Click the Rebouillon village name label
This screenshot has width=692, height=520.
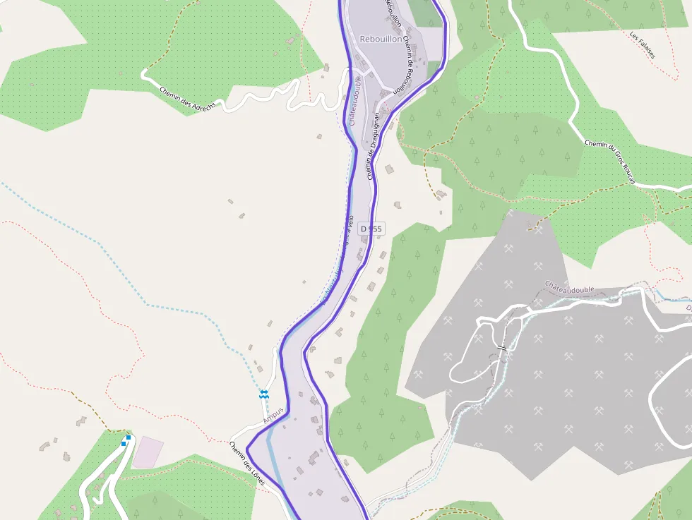click(x=381, y=39)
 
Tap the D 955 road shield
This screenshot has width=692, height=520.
click(x=371, y=229)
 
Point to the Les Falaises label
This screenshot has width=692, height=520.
click(x=642, y=44)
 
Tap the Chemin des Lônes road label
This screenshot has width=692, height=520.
click(x=246, y=463)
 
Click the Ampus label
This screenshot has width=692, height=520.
click(x=273, y=416)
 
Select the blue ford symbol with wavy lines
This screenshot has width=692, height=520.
click(x=264, y=394)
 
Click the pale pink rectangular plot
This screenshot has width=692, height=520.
click(x=148, y=452)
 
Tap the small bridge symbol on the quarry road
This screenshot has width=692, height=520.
click(x=502, y=348)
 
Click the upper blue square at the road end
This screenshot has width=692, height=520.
click(x=129, y=437)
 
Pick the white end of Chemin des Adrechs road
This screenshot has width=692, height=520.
click(x=143, y=73)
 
